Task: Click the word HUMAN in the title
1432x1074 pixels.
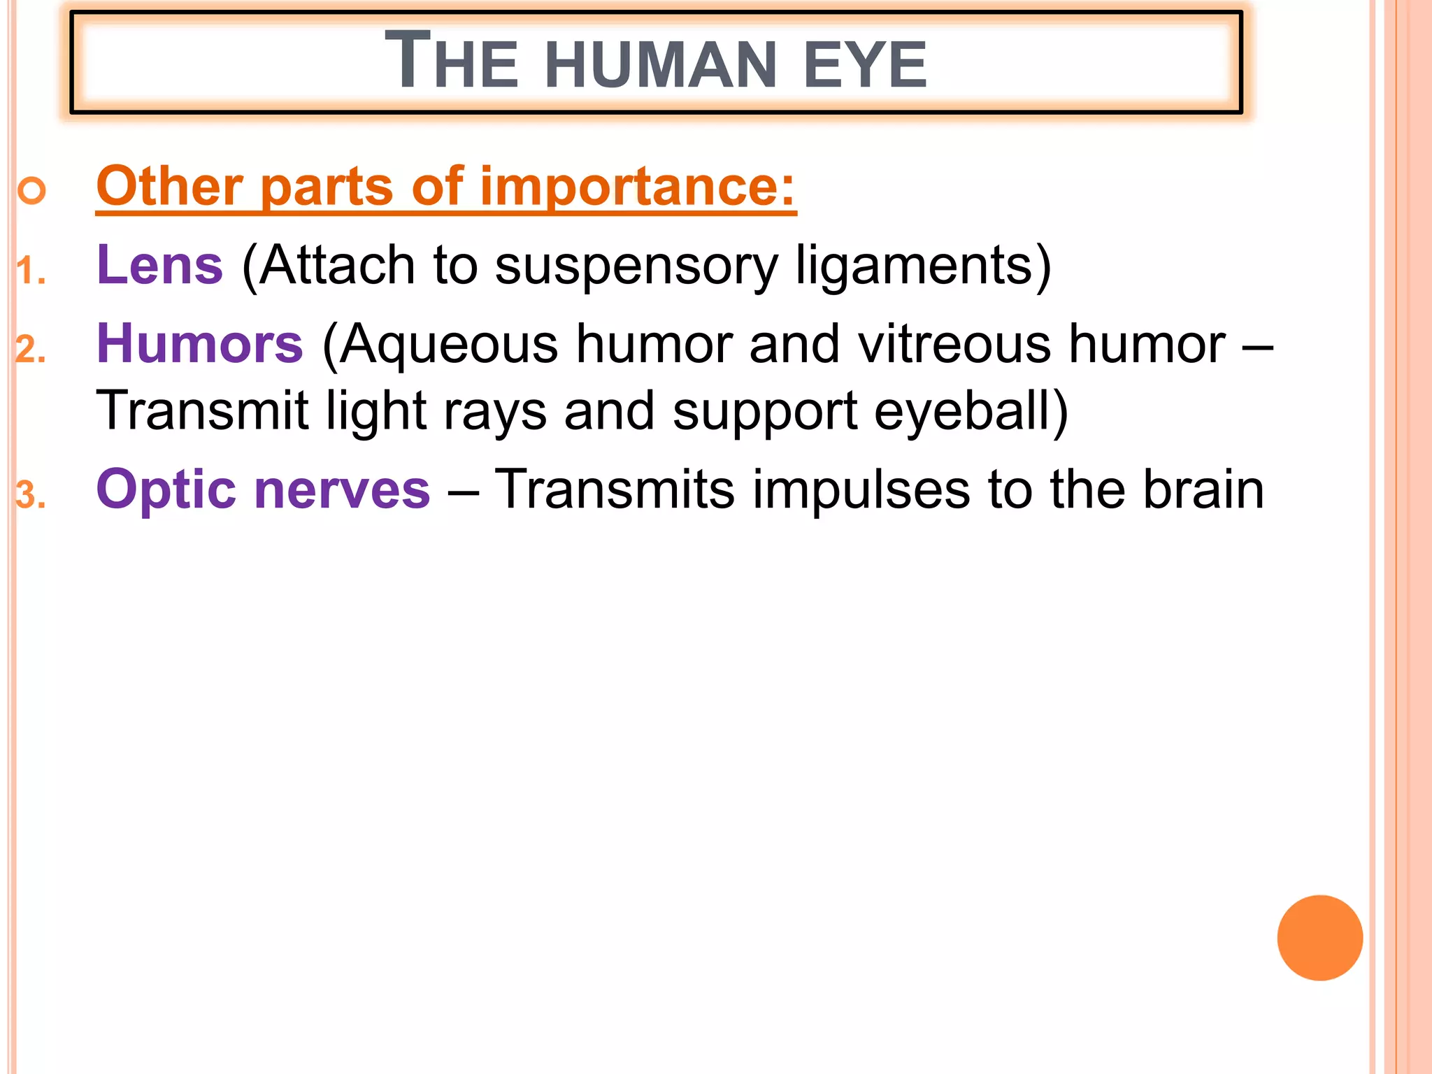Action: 660,65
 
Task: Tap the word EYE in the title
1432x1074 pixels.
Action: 865,65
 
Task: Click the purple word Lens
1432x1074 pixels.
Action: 159,265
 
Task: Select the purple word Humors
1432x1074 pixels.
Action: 200,344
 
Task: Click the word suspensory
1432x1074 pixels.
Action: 636,266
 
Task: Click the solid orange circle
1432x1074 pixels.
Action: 1319,938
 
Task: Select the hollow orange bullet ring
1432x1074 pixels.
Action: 32,190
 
